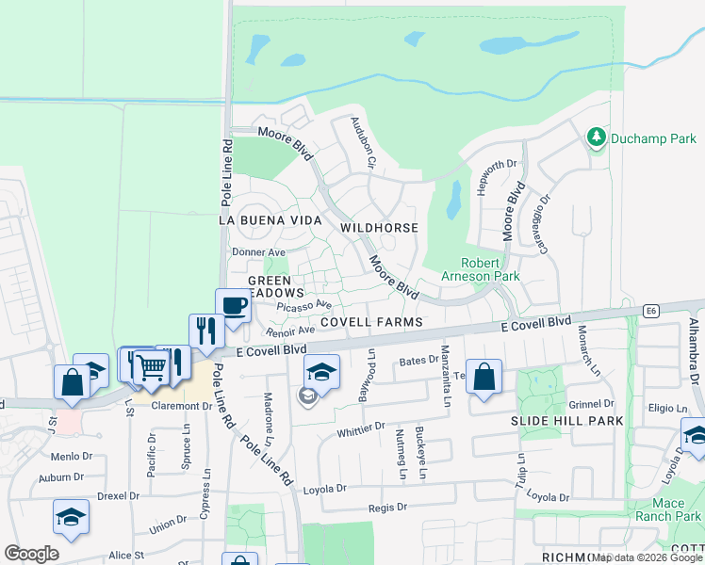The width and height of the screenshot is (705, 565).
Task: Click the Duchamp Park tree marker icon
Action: [x=596, y=138]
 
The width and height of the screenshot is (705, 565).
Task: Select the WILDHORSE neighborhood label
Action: [x=378, y=228]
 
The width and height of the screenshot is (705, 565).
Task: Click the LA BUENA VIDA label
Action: [x=265, y=218]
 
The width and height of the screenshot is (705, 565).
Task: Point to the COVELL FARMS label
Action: [x=370, y=321]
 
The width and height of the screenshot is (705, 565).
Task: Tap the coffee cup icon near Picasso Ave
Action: [x=234, y=305]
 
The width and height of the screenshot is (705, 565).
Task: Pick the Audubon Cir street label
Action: [x=364, y=142]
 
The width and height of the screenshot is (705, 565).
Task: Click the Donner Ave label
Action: [x=258, y=252]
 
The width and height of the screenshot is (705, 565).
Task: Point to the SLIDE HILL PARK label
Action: [x=567, y=420]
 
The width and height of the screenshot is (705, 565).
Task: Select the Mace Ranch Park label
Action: [x=668, y=509]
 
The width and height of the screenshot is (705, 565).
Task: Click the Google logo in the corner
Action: [x=31, y=554]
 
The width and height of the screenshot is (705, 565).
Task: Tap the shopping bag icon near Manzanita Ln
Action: [x=484, y=378]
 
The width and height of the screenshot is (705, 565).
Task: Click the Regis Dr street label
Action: [x=387, y=507]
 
